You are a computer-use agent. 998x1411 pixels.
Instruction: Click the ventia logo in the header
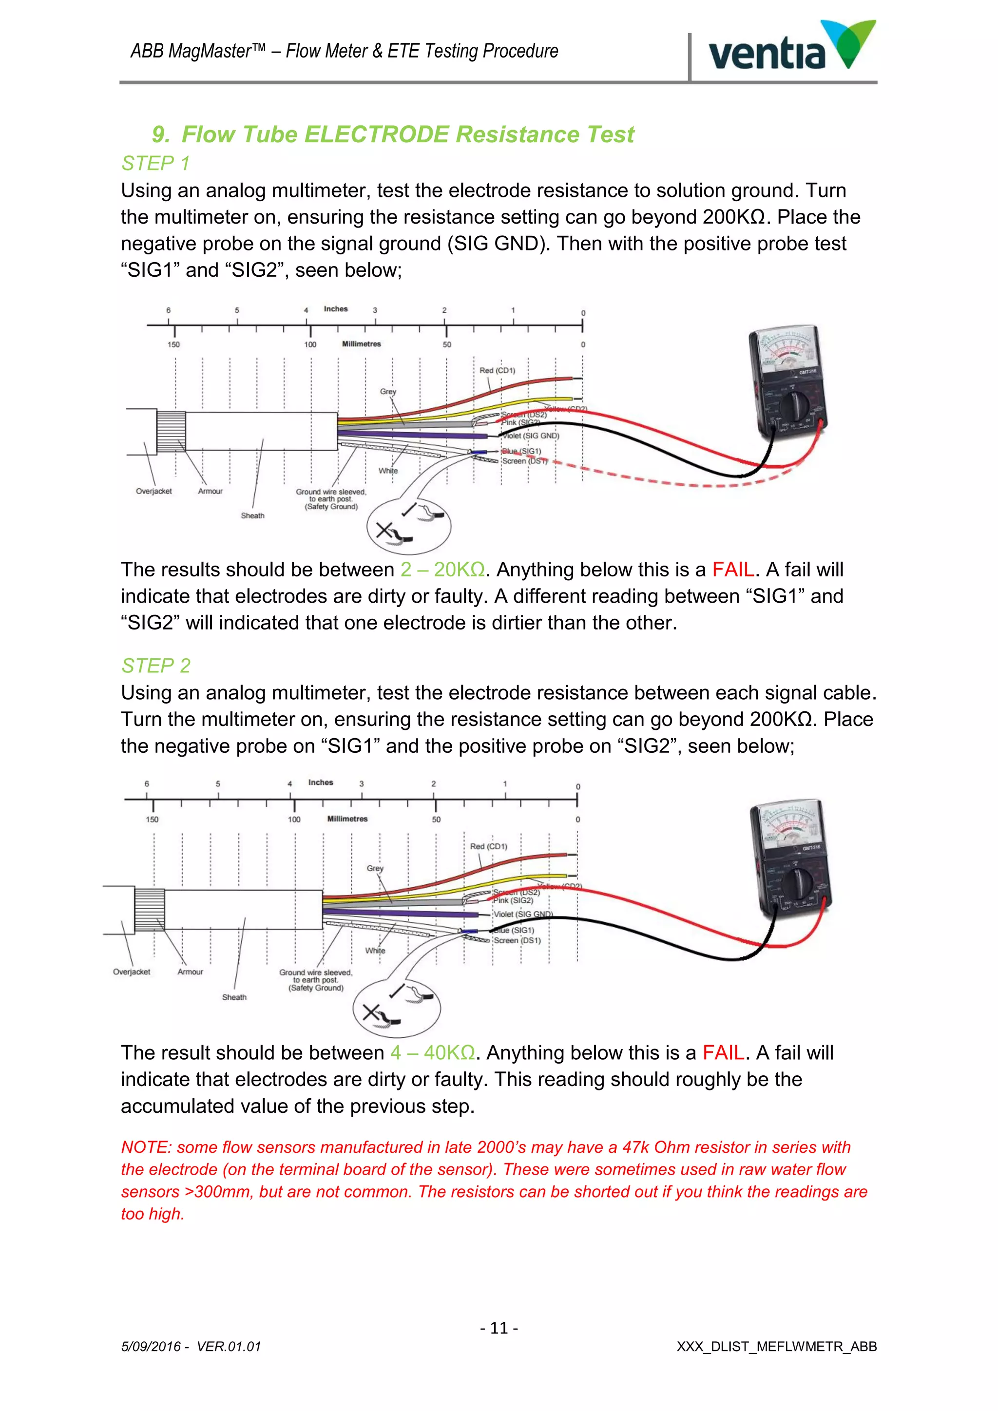click(x=791, y=48)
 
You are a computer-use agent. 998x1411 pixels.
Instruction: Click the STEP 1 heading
click(x=155, y=164)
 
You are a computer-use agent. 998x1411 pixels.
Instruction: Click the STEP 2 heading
click(x=155, y=666)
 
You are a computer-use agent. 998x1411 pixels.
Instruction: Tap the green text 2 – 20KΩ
click(x=442, y=570)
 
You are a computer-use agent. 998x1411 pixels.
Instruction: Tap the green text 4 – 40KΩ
click(x=433, y=1053)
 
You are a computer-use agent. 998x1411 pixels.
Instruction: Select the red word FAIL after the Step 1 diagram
click(x=732, y=570)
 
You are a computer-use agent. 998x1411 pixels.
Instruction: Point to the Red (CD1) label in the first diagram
click(x=497, y=371)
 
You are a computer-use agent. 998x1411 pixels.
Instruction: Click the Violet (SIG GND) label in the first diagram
click(x=531, y=436)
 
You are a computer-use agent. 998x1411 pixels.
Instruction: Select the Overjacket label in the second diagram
click(x=132, y=972)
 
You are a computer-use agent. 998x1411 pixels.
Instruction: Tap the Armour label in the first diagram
click(x=210, y=491)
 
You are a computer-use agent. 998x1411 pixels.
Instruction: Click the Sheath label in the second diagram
click(x=234, y=997)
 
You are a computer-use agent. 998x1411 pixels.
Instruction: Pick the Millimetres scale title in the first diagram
click(x=362, y=344)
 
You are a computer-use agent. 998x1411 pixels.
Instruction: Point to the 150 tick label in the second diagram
click(x=152, y=819)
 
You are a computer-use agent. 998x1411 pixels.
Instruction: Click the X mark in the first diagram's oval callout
click(x=384, y=529)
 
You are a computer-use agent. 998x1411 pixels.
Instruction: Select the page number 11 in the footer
click(x=499, y=1328)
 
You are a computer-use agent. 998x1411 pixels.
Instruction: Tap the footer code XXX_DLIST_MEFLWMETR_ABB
click(x=776, y=1347)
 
